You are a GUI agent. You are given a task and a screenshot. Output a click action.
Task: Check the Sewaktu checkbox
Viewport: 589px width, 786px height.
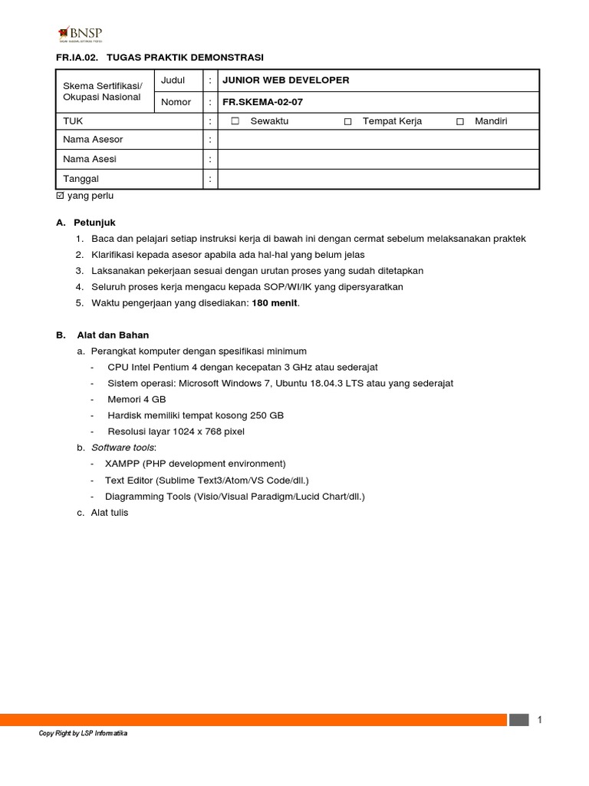[235, 121]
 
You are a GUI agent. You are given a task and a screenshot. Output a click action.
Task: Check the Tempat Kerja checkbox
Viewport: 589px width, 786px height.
[348, 121]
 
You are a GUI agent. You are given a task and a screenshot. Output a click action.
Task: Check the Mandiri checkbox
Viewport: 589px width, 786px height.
[460, 121]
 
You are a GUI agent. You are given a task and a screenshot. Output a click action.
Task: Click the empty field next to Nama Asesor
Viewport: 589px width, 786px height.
[379, 140]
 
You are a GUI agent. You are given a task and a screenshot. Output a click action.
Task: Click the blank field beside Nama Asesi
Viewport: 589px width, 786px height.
[379, 160]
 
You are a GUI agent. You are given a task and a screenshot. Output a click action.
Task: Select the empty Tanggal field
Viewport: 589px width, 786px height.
[379, 180]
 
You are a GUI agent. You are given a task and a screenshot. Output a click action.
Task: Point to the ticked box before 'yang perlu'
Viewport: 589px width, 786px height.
[61, 196]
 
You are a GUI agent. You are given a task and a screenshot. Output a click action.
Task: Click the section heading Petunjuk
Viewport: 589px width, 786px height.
[94, 223]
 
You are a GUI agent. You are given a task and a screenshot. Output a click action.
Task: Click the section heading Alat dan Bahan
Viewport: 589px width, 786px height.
[113, 335]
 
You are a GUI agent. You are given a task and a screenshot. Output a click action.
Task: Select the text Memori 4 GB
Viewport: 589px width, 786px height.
[137, 399]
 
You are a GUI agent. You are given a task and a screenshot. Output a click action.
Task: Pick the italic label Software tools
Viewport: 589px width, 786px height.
[123, 447]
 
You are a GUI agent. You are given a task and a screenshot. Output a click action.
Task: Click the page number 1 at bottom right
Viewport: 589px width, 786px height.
[540, 719]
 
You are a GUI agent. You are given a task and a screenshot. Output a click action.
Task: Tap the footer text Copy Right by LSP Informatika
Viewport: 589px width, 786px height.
[83, 734]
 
